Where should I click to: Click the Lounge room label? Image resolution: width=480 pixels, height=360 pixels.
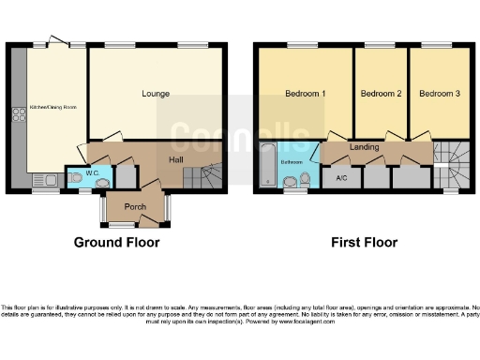pos(156,94)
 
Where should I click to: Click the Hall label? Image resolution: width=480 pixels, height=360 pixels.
pos(175,160)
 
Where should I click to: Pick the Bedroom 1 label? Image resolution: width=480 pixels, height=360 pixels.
pos(305,94)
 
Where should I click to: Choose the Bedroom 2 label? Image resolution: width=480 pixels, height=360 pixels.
pos(381,94)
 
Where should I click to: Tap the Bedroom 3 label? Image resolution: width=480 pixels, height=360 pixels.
pos(439,94)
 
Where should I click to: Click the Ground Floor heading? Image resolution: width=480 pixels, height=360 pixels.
pos(116,242)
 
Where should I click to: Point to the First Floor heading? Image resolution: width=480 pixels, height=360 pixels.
pos(364,242)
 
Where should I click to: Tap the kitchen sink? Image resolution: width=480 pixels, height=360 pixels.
pos(44,180)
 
